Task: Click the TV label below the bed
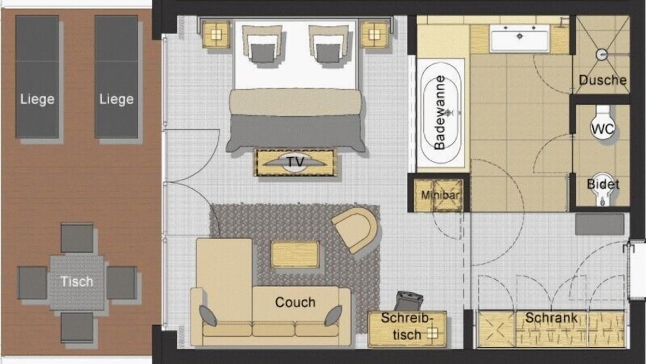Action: [x=295, y=162]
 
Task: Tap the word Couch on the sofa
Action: [x=295, y=302]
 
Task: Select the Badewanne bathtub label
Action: [x=441, y=114]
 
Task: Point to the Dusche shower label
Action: [x=602, y=80]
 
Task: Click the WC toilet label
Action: [x=602, y=129]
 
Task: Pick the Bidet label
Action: [x=602, y=184]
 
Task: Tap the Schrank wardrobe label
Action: [x=550, y=317]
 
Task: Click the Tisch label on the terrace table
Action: [x=77, y=281]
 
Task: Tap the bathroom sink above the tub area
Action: [x=519, y=38]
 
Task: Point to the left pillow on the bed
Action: [x=262, y=45]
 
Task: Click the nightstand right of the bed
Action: [x=375, y=34]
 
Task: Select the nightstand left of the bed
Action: [x=217, y=34]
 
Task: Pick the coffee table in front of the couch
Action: [x=295, y=254]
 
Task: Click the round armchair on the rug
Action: [x=355, y=228]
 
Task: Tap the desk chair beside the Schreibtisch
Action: [x=410, y=300]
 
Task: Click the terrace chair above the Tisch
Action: [x=77, y=237]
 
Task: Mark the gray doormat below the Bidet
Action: [x=599, y=224]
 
